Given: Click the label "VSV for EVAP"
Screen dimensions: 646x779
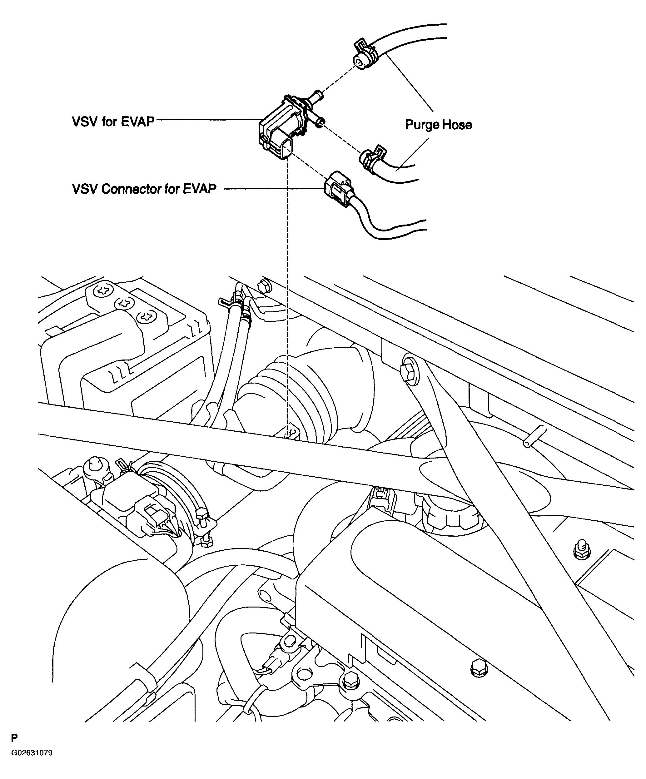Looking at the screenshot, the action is (x=113, y=122).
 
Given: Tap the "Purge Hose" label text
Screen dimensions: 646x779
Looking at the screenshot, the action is (x=438, y=125).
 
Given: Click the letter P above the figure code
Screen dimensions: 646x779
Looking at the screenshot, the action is (x=14, y=738).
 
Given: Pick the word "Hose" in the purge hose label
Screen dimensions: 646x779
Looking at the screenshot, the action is (x=459, y=125).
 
